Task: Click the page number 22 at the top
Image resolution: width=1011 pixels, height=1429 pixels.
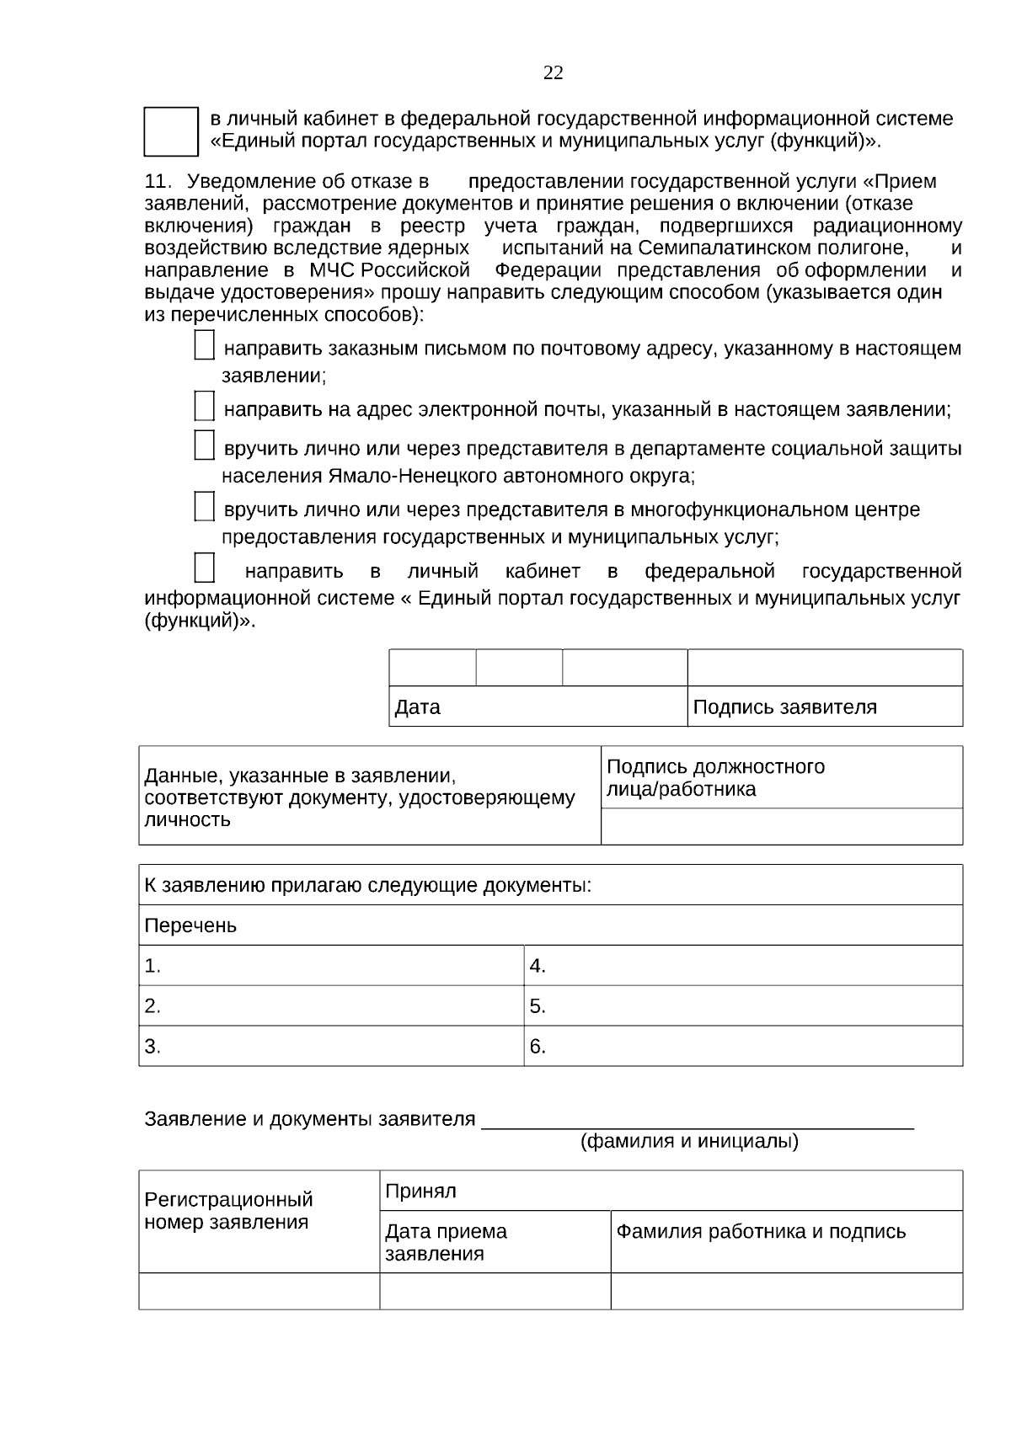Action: [x=553, y=73]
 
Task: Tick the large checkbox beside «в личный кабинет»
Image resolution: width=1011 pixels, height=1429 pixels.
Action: [x=170, y=131]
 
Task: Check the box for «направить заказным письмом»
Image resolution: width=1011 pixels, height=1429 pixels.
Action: [x=204, y=346]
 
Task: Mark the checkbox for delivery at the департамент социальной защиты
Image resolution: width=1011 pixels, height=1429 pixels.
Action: [x=204, y=445]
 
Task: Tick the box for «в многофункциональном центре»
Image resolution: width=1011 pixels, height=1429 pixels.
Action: [x=204, y=507]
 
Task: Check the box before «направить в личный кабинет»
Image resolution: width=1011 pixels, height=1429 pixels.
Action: [x=204, y=568]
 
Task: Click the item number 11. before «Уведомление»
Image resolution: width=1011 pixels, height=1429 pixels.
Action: [x=158, y=182]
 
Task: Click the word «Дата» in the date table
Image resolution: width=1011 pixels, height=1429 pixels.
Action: [x=418, y=707]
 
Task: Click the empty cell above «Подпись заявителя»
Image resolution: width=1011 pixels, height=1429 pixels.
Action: [x=824, y=668]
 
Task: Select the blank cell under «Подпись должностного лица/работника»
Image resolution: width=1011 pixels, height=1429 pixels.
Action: [x=781, y=826]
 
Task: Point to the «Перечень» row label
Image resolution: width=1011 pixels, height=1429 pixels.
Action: [x=191, y=926]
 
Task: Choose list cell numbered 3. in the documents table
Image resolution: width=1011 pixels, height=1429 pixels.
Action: [x=330, y=1047]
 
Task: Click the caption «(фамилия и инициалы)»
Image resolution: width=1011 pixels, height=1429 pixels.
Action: [x=689, y=1142]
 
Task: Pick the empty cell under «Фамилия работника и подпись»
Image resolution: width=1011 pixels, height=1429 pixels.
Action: [x=786, y=1291]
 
